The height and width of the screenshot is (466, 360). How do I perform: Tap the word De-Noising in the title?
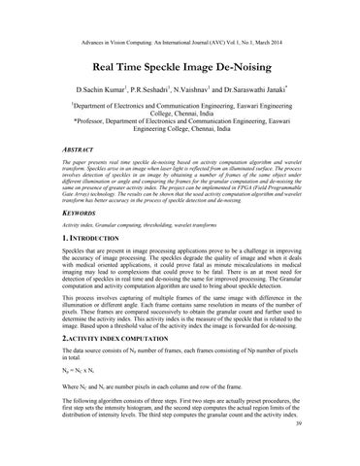(246, 44)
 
